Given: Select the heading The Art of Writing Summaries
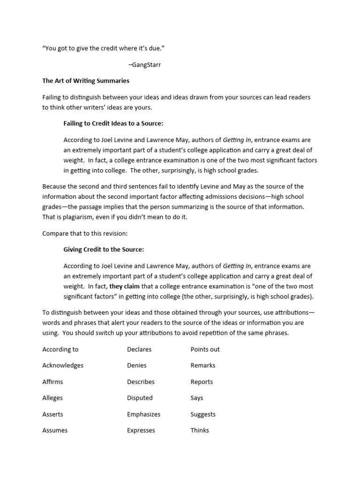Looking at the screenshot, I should [86, 81].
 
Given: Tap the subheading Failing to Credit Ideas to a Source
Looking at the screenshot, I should [113, 123].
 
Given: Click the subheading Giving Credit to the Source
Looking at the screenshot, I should [104, 249].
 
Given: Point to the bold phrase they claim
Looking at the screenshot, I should [125, 286].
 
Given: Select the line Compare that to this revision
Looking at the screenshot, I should [85, 233].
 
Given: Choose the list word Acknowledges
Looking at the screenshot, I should [63, 365].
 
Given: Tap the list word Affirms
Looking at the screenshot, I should [52, 382].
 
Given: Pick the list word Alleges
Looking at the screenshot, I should [52, 397].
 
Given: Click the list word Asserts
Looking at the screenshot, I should [52, 414].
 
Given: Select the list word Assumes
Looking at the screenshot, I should [55, 430].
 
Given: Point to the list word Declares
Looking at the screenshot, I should [139, 349].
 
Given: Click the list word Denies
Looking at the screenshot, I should [137, 365].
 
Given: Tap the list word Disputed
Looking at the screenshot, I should [140, 397].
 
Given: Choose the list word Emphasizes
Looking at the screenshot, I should [143, 414].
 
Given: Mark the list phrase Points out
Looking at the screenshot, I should [205, 349].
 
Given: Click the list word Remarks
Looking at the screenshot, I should [203, 365].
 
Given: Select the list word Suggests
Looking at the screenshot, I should [203, 414].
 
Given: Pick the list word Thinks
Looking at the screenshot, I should [200, 430].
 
